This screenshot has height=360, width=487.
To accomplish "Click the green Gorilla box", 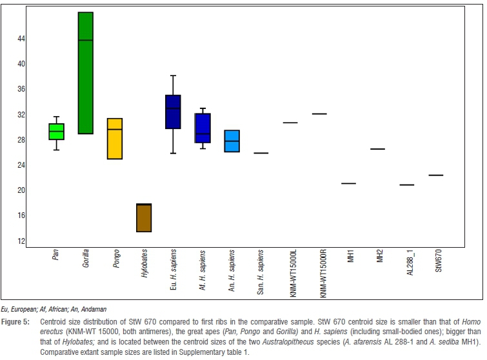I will pyautogui.click(x=85, y=72).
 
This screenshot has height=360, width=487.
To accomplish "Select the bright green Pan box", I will pyautogui.click(x=57, y=132).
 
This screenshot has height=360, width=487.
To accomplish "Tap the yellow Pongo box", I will pyautogui.click(x=114, y=139).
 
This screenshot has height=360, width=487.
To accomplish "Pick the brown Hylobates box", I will pyautogui.click(x=144, y=217).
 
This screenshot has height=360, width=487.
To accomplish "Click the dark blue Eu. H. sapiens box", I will pyautogui.click(x=173, y=112).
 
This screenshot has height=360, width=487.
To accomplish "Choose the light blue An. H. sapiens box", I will pyautogui.click(x=232, y=141).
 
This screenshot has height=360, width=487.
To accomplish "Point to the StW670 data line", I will pyautogui.click(x=436, y=175).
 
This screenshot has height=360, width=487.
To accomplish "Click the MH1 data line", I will pyautogui.click(x=348, y=183).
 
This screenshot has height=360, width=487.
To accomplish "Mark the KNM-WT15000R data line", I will pyautogui.click(x=319, y=114).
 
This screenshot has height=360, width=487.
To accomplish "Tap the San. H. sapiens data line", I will pyautogui.click(x=261, y=153).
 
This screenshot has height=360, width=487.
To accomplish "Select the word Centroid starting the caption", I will pyautogui.click(x=54, y=321).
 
